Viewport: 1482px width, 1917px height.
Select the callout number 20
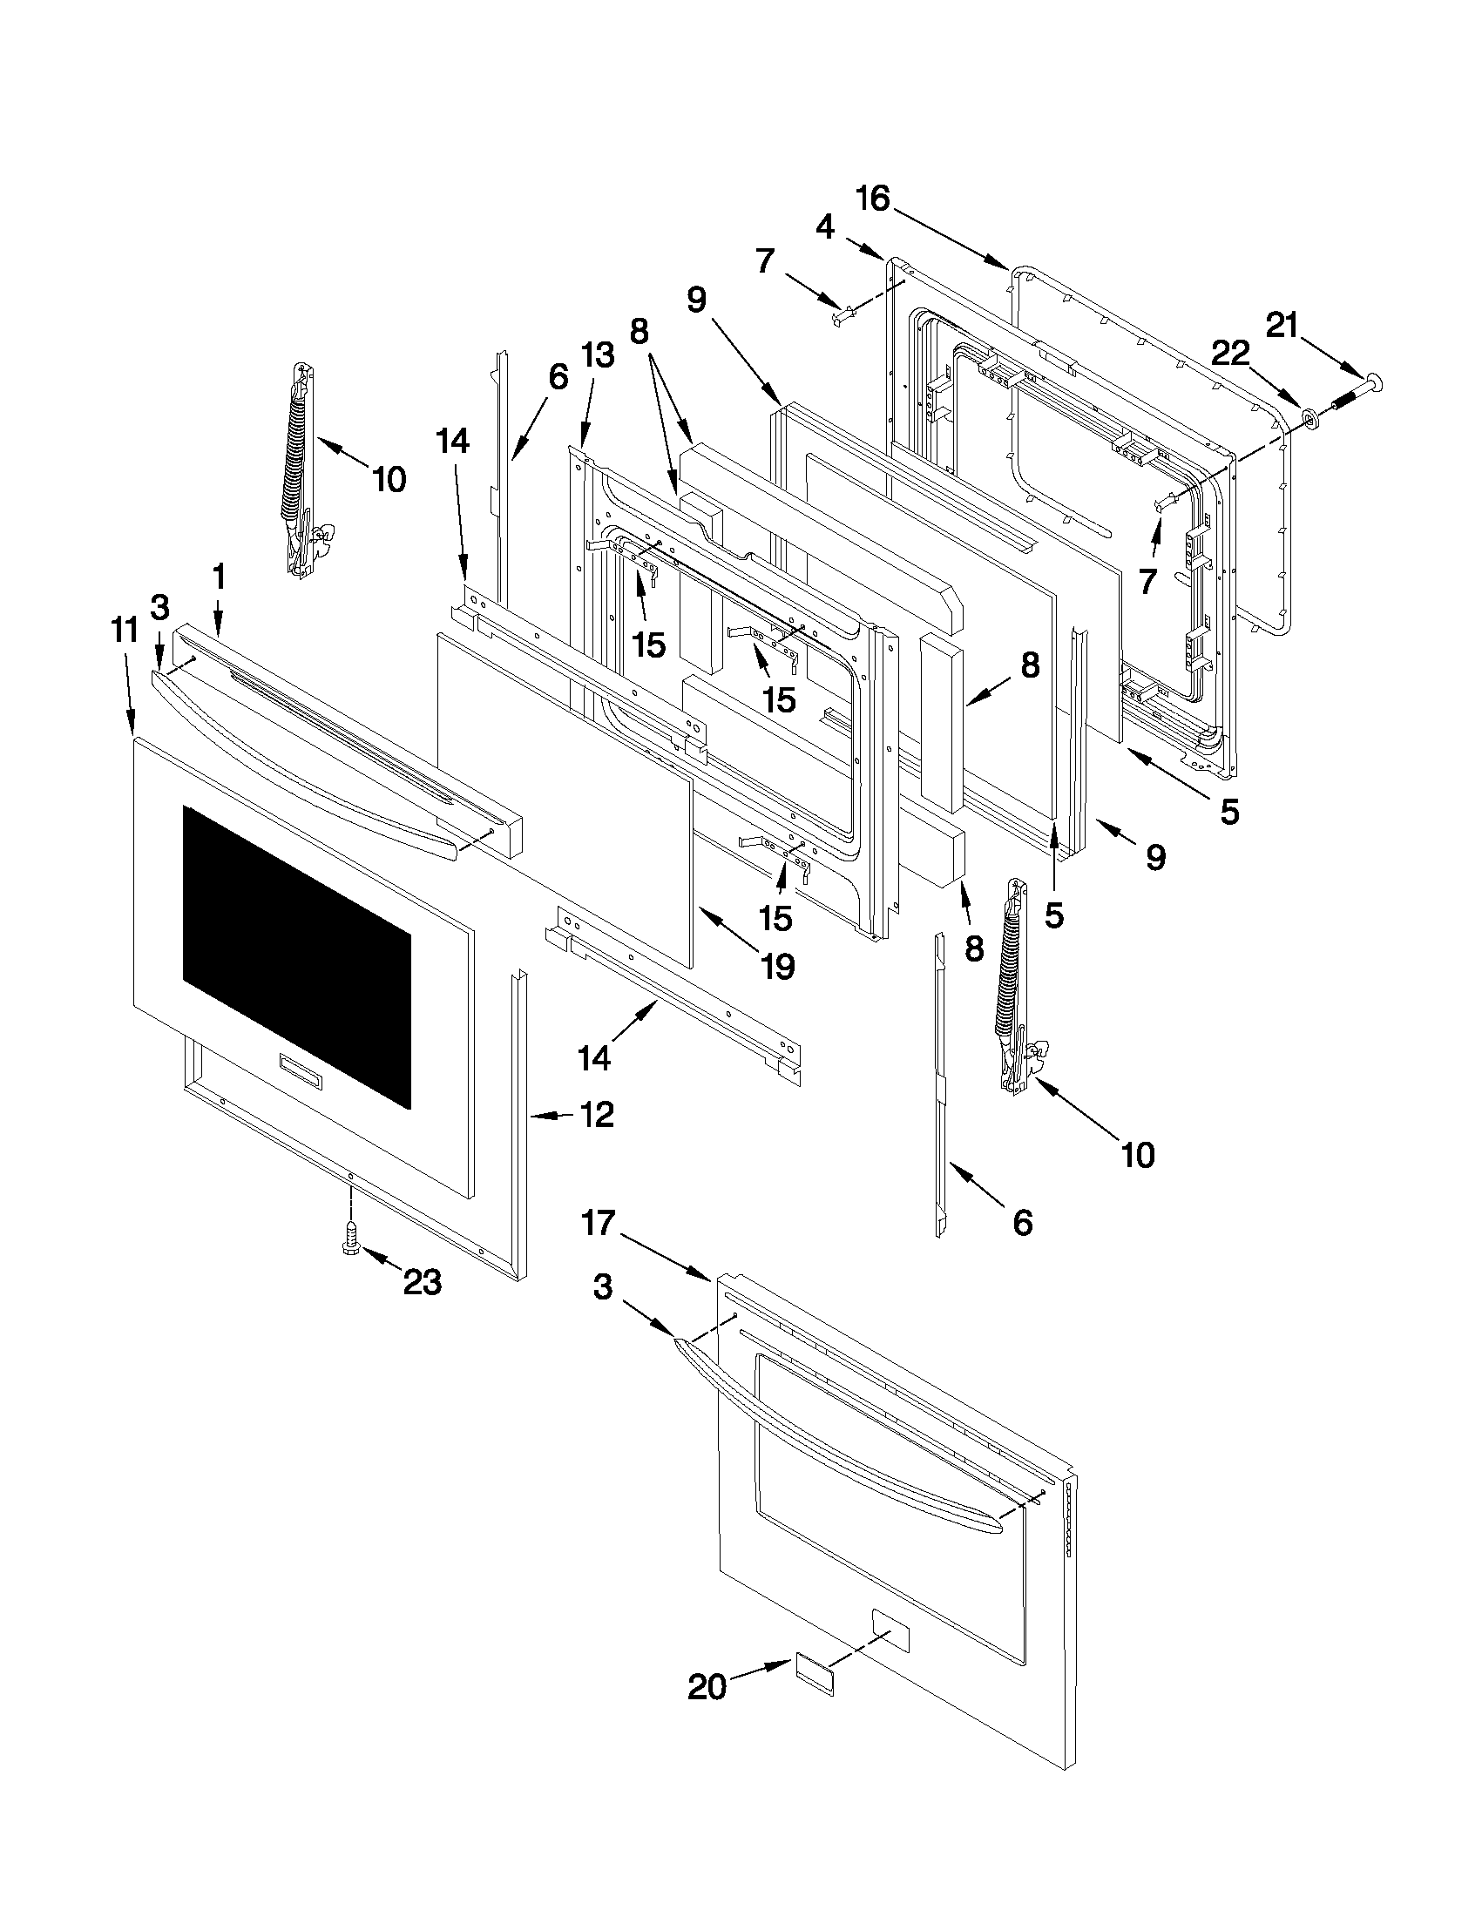[x=707, y=1687]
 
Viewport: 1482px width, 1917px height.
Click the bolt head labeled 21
[x=1372, y=381]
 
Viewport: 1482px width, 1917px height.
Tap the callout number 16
[x=873, y=199]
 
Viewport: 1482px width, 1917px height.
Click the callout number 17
[x=598, y=1223]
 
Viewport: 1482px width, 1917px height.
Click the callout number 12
[x=596, y=1115]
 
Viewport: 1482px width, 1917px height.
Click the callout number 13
[x=597, y=355]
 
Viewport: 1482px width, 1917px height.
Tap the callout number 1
[x=219, y=577]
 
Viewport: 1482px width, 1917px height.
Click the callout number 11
[x=125, y=631]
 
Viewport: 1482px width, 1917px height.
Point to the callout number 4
[x=824, y=227]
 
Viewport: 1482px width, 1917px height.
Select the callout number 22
[x=1230, y=354]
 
